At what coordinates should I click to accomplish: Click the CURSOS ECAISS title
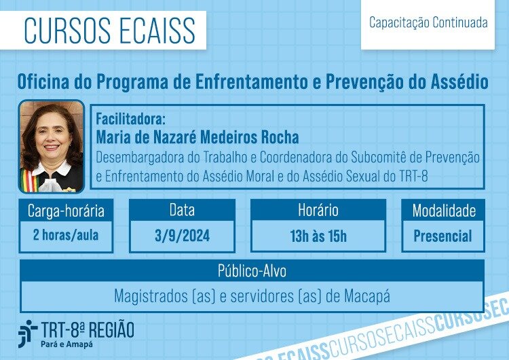coord(110,30)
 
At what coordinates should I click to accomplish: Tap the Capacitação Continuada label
coord(428,22)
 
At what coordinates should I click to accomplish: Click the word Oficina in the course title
coord(43,82)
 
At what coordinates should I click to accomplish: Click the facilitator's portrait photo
coord(52,146)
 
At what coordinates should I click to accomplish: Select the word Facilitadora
coord(130,119)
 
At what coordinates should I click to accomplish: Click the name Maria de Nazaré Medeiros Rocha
coord(197,137)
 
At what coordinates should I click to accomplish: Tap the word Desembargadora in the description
coord(139,158)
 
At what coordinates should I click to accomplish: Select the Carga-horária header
coord(66,211)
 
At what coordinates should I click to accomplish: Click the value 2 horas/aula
coord(66,235)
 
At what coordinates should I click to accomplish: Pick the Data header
coord(182,210)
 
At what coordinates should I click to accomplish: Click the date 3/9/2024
coord(182,236)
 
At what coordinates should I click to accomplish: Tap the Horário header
coord(318,210)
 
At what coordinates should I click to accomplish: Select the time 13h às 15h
coord(318,236)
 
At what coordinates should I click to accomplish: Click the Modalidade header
coord(444,211)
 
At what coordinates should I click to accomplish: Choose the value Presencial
coord(442,236)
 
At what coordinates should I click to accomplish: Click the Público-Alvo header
coord(252,270)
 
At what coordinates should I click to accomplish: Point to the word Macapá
coord(366,296)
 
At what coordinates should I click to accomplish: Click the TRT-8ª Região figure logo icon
coord(27,334)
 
